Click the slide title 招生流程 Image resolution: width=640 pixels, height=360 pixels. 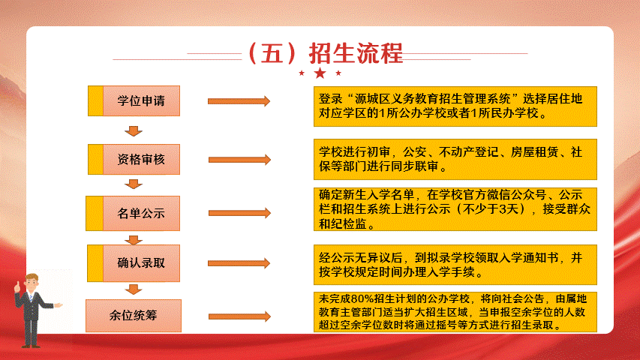tap(356, 53)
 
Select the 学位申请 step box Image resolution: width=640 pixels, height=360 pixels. tap(134, 100)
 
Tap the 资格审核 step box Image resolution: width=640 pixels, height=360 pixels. tap(134, 159)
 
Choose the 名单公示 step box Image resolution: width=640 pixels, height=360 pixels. tap(133, 213)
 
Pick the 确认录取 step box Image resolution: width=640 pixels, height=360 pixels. tap(134, 263)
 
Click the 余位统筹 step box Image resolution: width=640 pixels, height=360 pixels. tap(134, 316)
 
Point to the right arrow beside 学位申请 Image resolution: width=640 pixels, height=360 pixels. tap(239, 101)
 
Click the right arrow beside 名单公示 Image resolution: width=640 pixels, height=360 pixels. tap(239, 213)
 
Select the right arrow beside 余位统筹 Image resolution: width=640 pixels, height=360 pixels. tap(239, 316)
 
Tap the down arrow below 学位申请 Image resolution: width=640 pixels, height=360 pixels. tap(134, 131)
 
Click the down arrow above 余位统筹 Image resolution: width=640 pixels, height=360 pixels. tap(134, 289)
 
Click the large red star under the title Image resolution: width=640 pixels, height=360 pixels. tap(320, 73)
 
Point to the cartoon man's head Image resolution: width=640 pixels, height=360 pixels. tap(32, 282)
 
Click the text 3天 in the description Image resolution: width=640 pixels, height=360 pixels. tap(509, 209)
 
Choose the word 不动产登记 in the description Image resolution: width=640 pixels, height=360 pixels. tap(469, 152)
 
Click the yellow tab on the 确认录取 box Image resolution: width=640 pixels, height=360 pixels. tap(95, 263)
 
